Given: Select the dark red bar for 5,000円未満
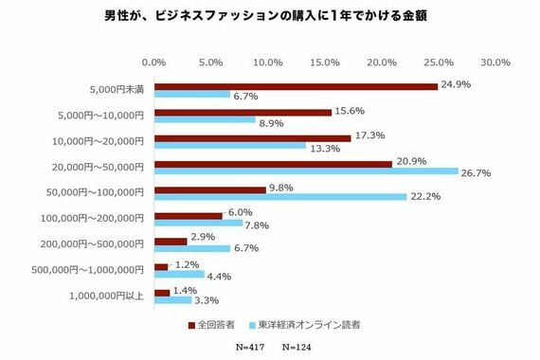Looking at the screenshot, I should point(296,86).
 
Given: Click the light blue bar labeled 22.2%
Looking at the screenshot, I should point(280,198).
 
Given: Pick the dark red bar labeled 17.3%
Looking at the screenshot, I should point(252,137).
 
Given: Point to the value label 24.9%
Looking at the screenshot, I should point(457,85).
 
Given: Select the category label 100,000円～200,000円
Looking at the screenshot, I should point(100,219).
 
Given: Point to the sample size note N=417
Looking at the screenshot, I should point(251,348).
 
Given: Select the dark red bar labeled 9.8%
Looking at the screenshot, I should point(209,189).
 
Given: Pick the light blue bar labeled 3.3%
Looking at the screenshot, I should point(172,300).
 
